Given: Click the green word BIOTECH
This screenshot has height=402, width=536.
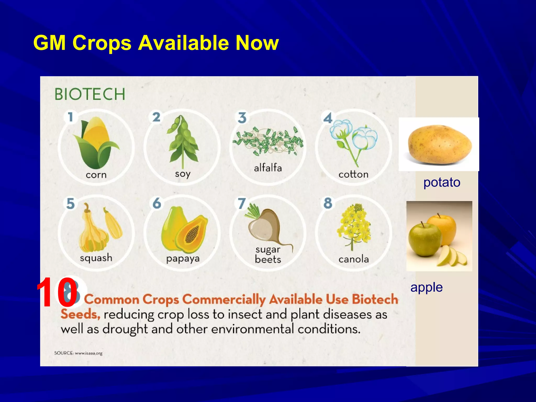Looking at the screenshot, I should (x=90, y=94).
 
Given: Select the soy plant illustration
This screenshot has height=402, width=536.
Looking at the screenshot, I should (x=183, y=141).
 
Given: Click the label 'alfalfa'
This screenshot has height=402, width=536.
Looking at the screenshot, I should (x=268, y=168).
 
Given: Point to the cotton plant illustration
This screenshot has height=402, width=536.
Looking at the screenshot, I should (x=353, y=141).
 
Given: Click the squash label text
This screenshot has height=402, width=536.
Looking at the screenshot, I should (x=96, y=258).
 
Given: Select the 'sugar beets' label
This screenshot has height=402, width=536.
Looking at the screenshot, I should (x=268, y=254).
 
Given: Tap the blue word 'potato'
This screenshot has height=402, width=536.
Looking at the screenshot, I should (x=442, y=182).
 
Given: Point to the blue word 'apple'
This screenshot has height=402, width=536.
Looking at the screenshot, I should (x=426, y=287).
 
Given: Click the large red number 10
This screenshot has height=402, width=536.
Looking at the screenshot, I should (x=57, y=292).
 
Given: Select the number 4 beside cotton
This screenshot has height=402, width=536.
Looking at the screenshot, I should (x=328, y=118).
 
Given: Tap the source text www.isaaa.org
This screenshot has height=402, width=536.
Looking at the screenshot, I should (x=88, y=353).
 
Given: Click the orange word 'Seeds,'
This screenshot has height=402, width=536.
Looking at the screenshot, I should (x=80, y=314).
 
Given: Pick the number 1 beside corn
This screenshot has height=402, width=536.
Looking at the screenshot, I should (x=70, y=117).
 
